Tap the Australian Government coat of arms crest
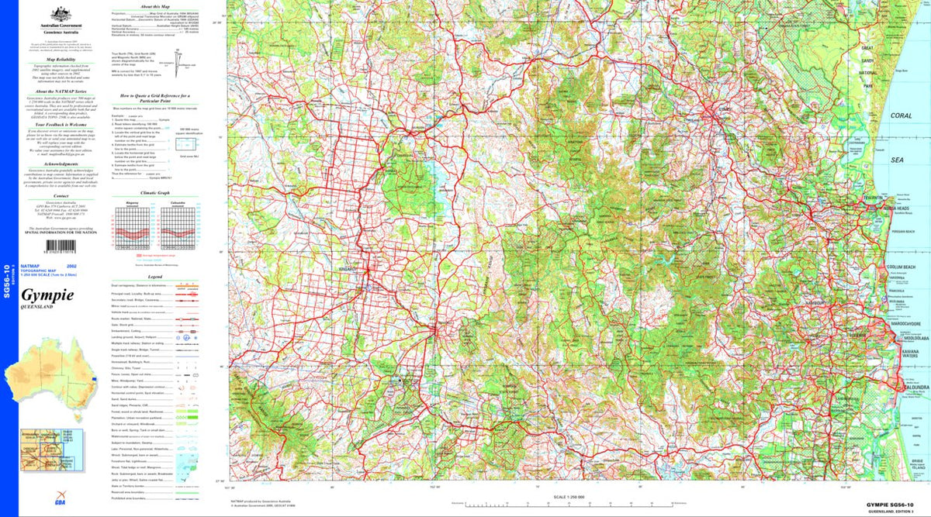tap(57, 13)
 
